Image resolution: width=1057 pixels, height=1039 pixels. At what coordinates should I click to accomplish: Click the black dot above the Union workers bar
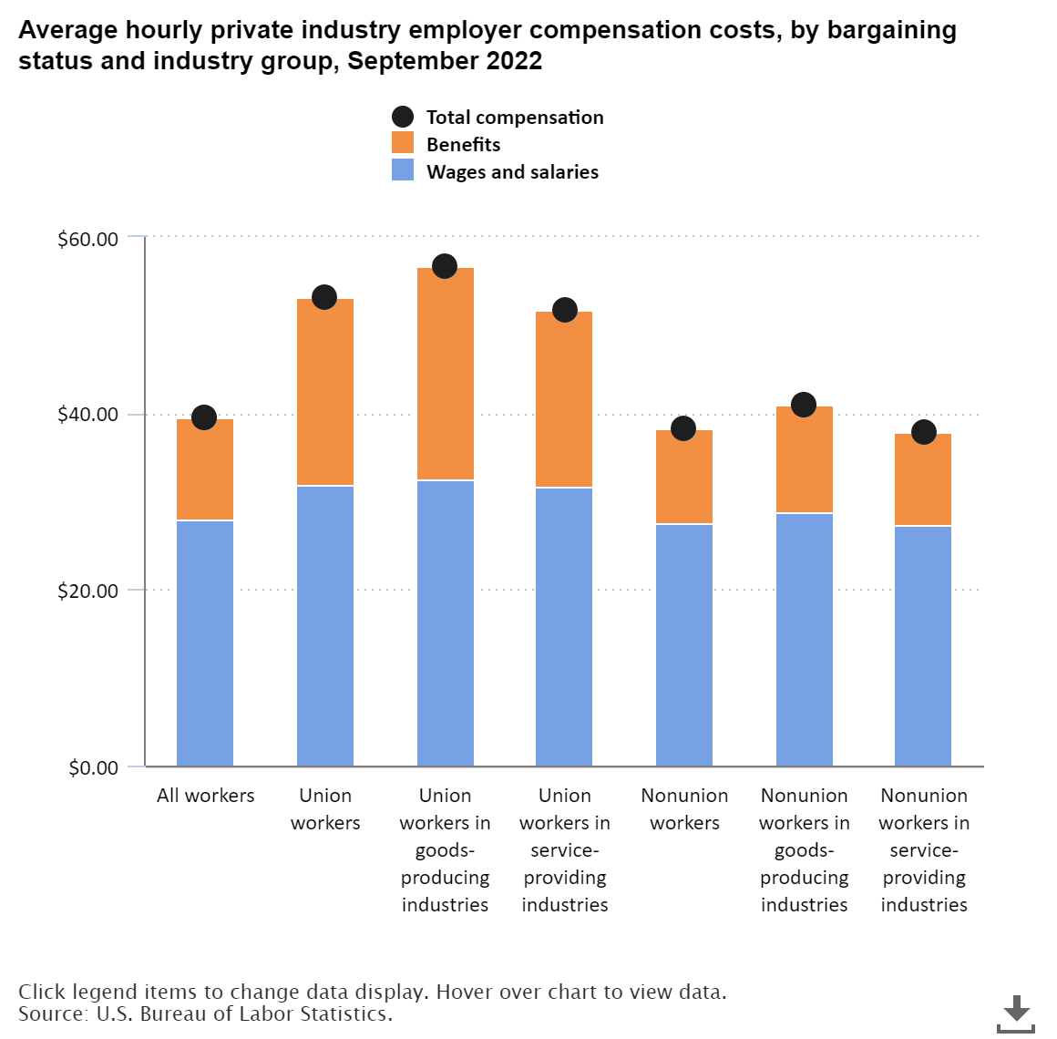[x=324, y=297]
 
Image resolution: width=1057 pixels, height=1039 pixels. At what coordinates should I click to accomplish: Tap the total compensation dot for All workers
[x=204, y=417]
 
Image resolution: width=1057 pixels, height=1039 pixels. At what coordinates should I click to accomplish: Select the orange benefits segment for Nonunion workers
[x=684, y=476]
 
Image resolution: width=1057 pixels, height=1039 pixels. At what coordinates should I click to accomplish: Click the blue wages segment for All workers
[x=205, y=643]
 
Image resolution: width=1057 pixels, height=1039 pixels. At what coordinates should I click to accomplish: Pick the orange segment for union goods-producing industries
[x=446, y=374]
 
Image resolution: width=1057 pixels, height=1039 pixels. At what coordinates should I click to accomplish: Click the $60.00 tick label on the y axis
[x=88, y=240]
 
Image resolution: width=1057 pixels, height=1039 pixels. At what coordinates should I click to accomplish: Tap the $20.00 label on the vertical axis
[x=88, y=591]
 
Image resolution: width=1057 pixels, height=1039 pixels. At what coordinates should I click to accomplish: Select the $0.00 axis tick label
[x=94, y=767]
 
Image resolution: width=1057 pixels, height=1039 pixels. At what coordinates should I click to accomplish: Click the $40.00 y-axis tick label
[x=88, y=415]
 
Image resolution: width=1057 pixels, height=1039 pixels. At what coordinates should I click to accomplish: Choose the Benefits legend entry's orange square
[x=403, y=143]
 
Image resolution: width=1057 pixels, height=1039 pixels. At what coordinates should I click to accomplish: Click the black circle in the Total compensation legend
[x=403, y=117]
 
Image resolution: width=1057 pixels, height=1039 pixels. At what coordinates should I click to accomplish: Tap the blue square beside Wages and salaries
[x=403, y=170]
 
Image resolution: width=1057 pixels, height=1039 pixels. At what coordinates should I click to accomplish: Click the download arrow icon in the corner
[x=1016, y=1012]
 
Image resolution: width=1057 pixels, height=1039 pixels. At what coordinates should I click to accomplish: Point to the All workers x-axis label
[x=205, y=796]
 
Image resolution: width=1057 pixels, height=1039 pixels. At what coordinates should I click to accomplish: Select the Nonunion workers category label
[x=684, y=808]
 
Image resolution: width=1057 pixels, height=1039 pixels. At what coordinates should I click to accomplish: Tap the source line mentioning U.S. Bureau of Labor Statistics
[x=205, y=1013]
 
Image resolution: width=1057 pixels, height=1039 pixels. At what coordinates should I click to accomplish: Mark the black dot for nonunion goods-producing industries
[x=803, y=405]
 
